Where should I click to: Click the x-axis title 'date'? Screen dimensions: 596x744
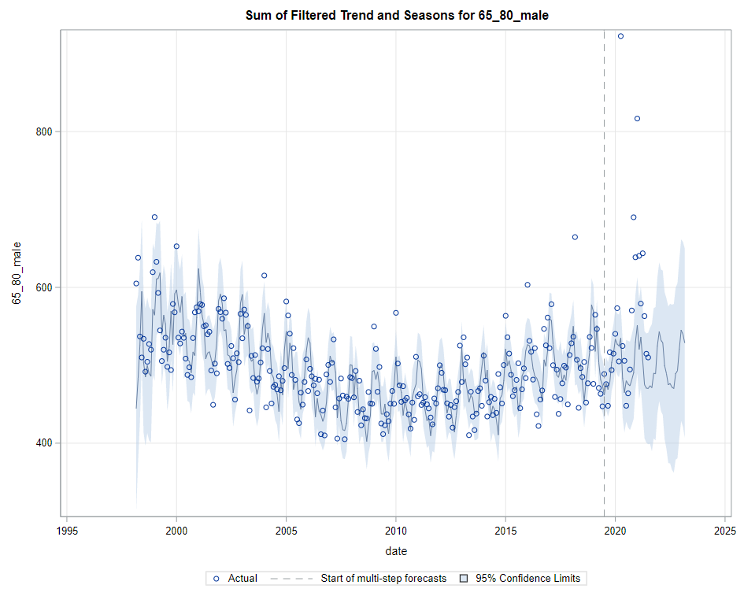pyautogui.click(x=396, y=550)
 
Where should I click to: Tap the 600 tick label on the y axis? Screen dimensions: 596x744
pyautogui.click(x=43, y=287)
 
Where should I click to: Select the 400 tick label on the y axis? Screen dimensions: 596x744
pyautogui.click(x=43, y=443)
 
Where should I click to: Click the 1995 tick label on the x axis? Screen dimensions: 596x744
pyautogui.click(x=67, y=530)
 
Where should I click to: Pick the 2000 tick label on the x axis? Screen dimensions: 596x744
pyautogui.click(x=176, y=530)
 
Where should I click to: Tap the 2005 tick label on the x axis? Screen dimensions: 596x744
pyautogui.click(x=286, y=530)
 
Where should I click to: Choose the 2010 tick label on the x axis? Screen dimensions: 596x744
pyautogui.click(x=396, y=530)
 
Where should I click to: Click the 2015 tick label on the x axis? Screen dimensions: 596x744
pyautogui.click(x=505, y=530)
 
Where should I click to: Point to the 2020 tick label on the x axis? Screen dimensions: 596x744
pyautogui.click(x=615, y=530)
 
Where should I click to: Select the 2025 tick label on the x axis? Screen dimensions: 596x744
pyautogui.click(x=724, y=530)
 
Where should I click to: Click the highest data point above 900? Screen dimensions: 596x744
pyautogui.click(x=620, y=36)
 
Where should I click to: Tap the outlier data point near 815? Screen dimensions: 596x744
pyautogui.click(x=637, y=119)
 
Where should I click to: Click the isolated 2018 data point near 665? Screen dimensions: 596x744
pyautogui.click(x=575, y=237)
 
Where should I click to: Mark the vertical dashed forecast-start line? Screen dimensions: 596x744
pyautogui.click(x=604, y=236)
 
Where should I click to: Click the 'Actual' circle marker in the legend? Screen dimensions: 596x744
pyautogui.click(x=217, y=579)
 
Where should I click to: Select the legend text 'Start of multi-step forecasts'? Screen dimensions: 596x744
pyautogui.click(x=383, y=579)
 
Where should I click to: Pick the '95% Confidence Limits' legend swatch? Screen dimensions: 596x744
pyautogui.click(x=464, y=579)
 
